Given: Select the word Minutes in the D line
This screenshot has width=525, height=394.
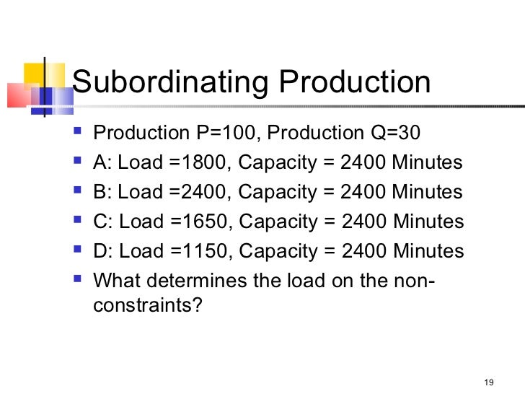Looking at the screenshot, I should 428,251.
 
